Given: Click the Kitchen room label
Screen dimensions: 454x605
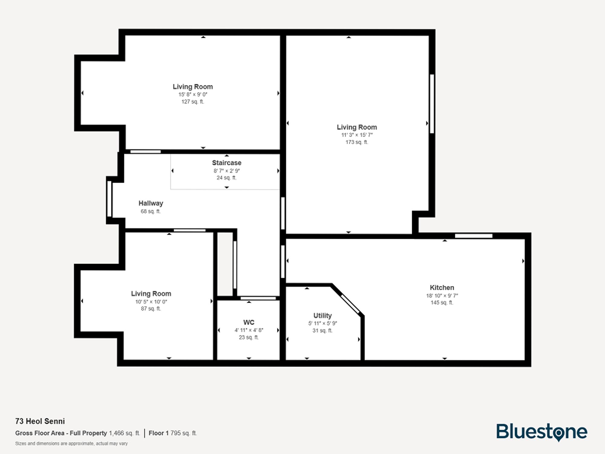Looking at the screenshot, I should [442, 288].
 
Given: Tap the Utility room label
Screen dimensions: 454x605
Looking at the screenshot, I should [322, 315].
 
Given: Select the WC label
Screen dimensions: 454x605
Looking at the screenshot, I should [249, 322].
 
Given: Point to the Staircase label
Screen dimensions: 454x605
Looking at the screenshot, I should [227, 163].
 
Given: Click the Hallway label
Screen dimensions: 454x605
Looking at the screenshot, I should [151, 203].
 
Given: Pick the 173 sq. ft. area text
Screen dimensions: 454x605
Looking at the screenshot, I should [357, 142].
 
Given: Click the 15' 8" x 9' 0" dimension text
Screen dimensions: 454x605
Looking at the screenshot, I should [193, 94].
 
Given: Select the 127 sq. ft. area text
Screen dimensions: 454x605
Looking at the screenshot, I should [193, 102].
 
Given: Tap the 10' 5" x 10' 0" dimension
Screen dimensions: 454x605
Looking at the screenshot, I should [151, 301].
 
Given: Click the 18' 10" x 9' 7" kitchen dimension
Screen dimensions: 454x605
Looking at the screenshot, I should [442, 295].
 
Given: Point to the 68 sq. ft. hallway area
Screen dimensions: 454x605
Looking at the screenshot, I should [151, 211].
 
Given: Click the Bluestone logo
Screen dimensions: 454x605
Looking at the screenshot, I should [541, 432].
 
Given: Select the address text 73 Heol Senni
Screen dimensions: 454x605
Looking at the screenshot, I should [40, 421].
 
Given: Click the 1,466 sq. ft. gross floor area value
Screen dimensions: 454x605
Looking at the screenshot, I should [124, 433].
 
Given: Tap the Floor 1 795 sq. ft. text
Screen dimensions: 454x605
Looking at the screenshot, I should [173, 433].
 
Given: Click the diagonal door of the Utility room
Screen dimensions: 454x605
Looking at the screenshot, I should [350, 304].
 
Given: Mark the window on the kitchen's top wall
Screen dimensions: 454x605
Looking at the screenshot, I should [473, 236].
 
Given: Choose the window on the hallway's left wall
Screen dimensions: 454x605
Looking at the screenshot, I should [109, 199].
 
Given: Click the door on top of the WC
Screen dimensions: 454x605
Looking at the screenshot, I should [258, 298].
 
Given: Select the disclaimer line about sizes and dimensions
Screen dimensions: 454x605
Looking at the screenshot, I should [71, 443].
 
